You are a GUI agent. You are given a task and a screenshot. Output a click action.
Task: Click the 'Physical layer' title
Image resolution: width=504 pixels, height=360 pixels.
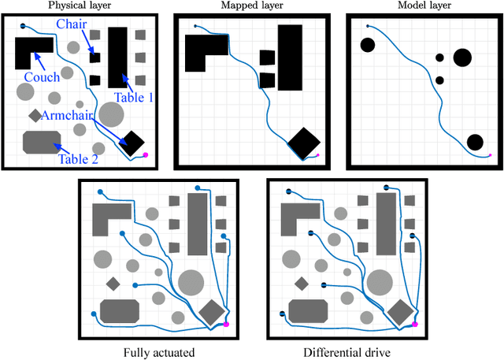87,6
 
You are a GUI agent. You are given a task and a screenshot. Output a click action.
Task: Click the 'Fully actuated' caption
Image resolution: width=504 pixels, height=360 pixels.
159,352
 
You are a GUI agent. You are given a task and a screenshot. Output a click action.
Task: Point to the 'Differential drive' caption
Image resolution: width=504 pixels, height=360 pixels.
346,352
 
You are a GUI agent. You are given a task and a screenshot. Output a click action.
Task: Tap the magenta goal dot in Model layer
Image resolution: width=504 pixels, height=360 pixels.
489,155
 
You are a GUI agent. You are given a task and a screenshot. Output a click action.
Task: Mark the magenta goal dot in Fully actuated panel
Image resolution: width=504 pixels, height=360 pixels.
226,324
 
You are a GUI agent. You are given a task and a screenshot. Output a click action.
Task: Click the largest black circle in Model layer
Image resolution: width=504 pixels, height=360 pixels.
462,57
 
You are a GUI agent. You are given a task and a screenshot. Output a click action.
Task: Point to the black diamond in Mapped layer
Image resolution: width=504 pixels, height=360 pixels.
304,143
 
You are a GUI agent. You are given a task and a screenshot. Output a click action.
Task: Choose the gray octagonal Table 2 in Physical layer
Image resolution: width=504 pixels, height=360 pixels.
42,143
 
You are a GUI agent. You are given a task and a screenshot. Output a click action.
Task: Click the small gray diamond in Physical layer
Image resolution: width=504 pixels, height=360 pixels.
35,116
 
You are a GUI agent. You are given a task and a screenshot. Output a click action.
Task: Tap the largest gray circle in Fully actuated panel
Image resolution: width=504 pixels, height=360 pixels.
191,282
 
